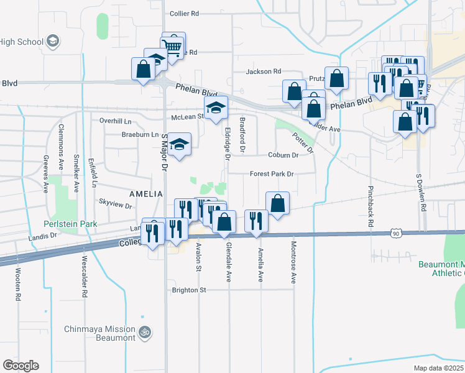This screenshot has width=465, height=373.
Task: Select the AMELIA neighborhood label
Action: tap(145, 194)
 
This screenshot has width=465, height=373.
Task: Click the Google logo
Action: tap(21, 365)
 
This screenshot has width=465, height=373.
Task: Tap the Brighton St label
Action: tap(189, 290)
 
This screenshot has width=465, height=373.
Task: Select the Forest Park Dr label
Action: tap(272, 174)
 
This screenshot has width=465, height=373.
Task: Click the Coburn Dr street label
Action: tap(283, 155)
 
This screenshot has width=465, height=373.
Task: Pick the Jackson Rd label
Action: tap(264, 71)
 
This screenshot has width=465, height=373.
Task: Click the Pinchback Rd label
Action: tap(371, 206)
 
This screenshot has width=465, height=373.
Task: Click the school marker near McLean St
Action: tap(216, 108)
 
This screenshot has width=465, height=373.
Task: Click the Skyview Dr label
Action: tap(112, 202)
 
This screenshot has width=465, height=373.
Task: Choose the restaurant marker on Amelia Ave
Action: tap(256, 221)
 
